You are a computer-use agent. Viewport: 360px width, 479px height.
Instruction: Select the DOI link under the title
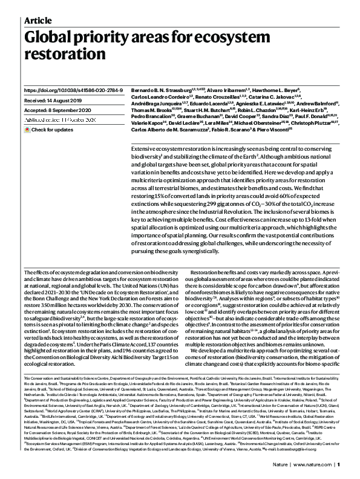(71, 90)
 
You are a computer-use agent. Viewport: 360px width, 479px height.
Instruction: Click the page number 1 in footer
(339, 464)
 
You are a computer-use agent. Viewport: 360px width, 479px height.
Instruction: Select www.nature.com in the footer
(314, 464)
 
